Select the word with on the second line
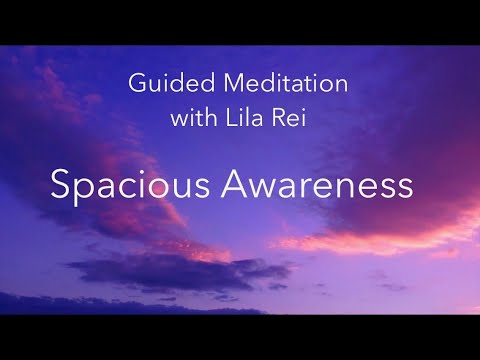tap(192, 118)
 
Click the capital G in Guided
tap(137, 84)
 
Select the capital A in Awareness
tap(239, 186)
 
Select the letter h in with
tap(208, 118)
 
